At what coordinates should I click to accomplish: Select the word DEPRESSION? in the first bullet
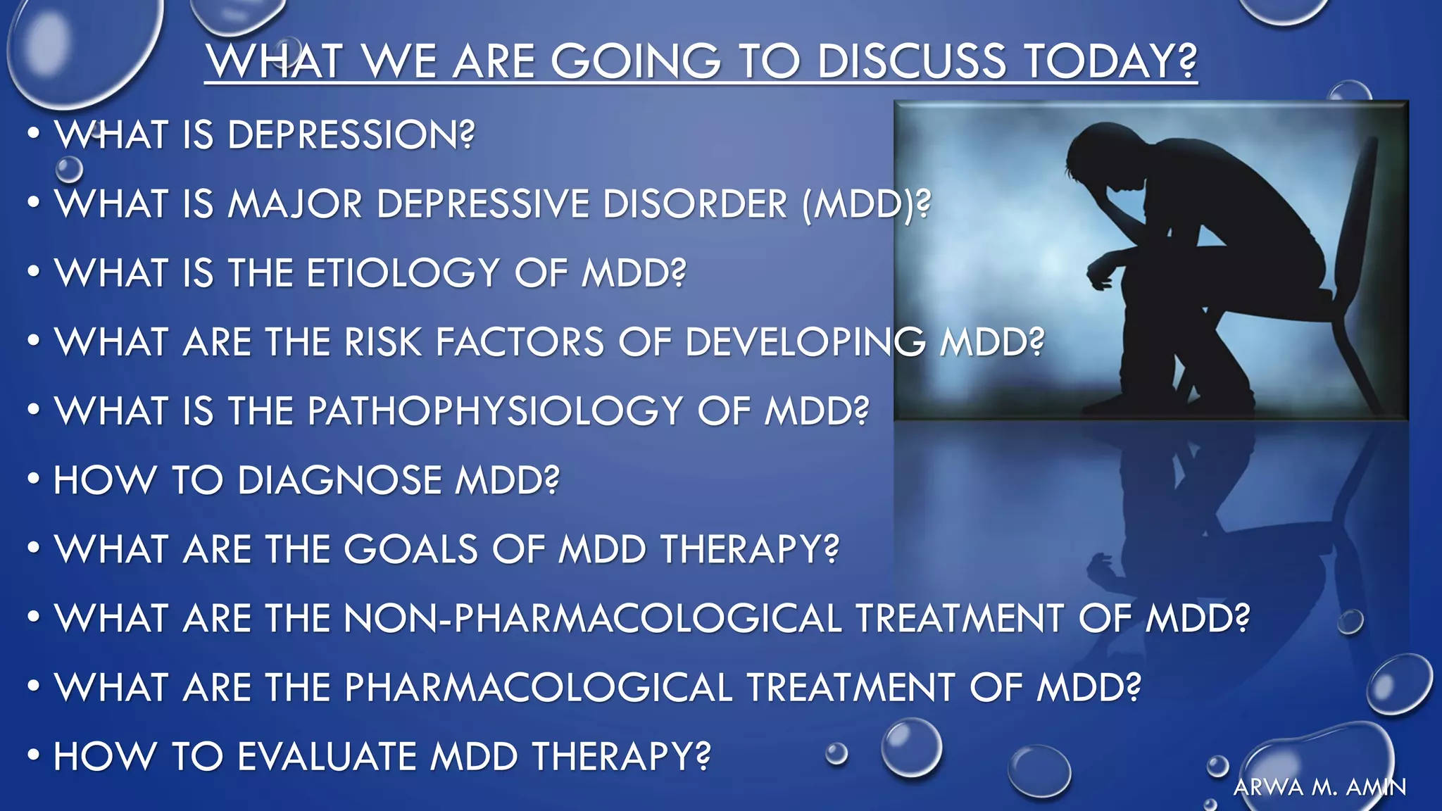[x=351, y=134]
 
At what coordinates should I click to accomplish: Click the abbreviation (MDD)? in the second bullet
[x=866, y=204]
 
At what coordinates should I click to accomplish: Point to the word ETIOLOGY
[x=402, y=273]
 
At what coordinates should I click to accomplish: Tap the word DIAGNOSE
[x=340, y=480]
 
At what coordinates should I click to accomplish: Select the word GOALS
[x=410, y=549]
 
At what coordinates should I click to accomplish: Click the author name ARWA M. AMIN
[x=1319, y=787]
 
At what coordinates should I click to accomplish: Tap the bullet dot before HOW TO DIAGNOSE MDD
[x=33, y=479]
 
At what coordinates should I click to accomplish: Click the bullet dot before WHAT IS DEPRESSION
[x=33, y=134]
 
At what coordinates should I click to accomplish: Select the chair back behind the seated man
[x=1362, y=211]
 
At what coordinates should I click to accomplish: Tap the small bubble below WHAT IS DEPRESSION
[x=69, y=169]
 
